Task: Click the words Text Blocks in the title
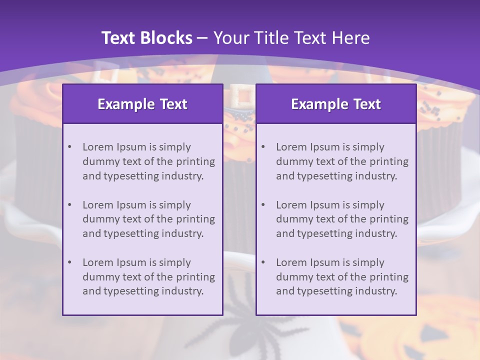pos(146,38)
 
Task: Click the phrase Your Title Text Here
pos(291,38)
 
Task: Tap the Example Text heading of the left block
pos(142,104)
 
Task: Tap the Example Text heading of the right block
pos(336,104)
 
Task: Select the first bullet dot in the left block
pos(69,147)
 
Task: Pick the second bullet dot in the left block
pos(69,205)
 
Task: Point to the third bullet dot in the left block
pos(69,262)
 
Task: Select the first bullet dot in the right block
pos(263,147)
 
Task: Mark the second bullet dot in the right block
pos(263,205)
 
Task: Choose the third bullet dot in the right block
pos(263,262)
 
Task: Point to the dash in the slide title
pos(203,38)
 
